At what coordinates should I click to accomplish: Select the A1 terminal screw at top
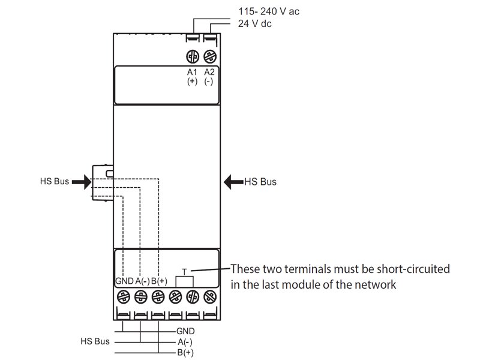pos(193,56)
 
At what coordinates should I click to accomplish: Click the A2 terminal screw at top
pos(209,56)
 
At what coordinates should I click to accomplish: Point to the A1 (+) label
pos(193,77)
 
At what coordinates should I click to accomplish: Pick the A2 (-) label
pos(209,77)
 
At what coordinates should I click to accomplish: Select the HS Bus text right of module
pos(260,181)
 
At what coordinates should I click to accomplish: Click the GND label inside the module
pos(124,281)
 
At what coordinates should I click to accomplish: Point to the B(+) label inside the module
pos(159,281)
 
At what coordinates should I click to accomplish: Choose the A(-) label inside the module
pos(142,281)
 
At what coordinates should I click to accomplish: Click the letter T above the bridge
pos(184,272)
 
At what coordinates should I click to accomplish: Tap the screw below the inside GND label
pos(123,296)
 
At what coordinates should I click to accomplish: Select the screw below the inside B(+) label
pos(158,296)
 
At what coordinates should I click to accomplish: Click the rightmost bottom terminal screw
pos(209,296)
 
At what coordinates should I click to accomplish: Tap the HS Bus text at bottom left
pos(95,341)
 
